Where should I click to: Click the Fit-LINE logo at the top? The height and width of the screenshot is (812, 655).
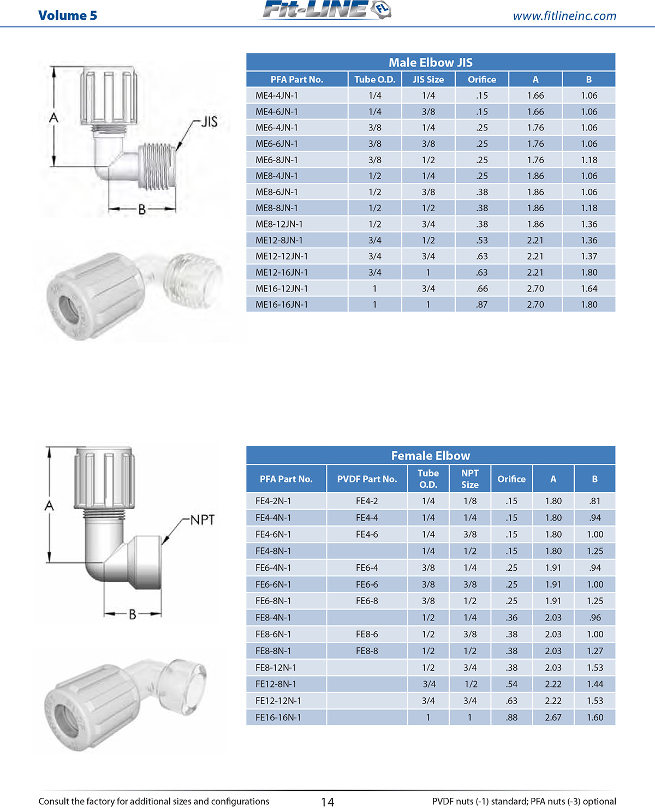326,10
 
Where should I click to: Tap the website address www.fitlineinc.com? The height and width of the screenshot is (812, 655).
564,16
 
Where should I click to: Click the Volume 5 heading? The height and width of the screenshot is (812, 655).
68,15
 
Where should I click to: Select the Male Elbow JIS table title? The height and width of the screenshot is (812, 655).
430,62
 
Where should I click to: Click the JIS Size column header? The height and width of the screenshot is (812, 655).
428,79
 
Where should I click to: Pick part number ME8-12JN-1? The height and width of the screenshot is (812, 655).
279,224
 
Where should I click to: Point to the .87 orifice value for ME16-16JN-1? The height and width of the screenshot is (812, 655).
481,304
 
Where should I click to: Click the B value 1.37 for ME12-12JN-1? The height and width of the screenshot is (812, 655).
588,256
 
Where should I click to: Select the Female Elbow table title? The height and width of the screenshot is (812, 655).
430,456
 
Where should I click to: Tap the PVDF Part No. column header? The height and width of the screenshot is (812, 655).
367,479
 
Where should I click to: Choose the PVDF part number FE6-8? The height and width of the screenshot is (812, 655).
367,601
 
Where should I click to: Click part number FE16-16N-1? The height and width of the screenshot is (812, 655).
278,718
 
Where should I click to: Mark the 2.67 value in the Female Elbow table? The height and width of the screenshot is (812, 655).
553,718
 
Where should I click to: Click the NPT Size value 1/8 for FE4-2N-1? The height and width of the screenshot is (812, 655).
469,501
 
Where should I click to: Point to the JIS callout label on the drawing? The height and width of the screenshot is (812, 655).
209,122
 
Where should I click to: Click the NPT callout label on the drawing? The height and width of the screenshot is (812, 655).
203,520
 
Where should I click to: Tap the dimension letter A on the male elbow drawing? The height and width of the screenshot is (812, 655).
53,117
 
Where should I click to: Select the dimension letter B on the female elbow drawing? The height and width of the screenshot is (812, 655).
133,614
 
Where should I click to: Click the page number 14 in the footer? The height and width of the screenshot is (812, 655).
327,802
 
